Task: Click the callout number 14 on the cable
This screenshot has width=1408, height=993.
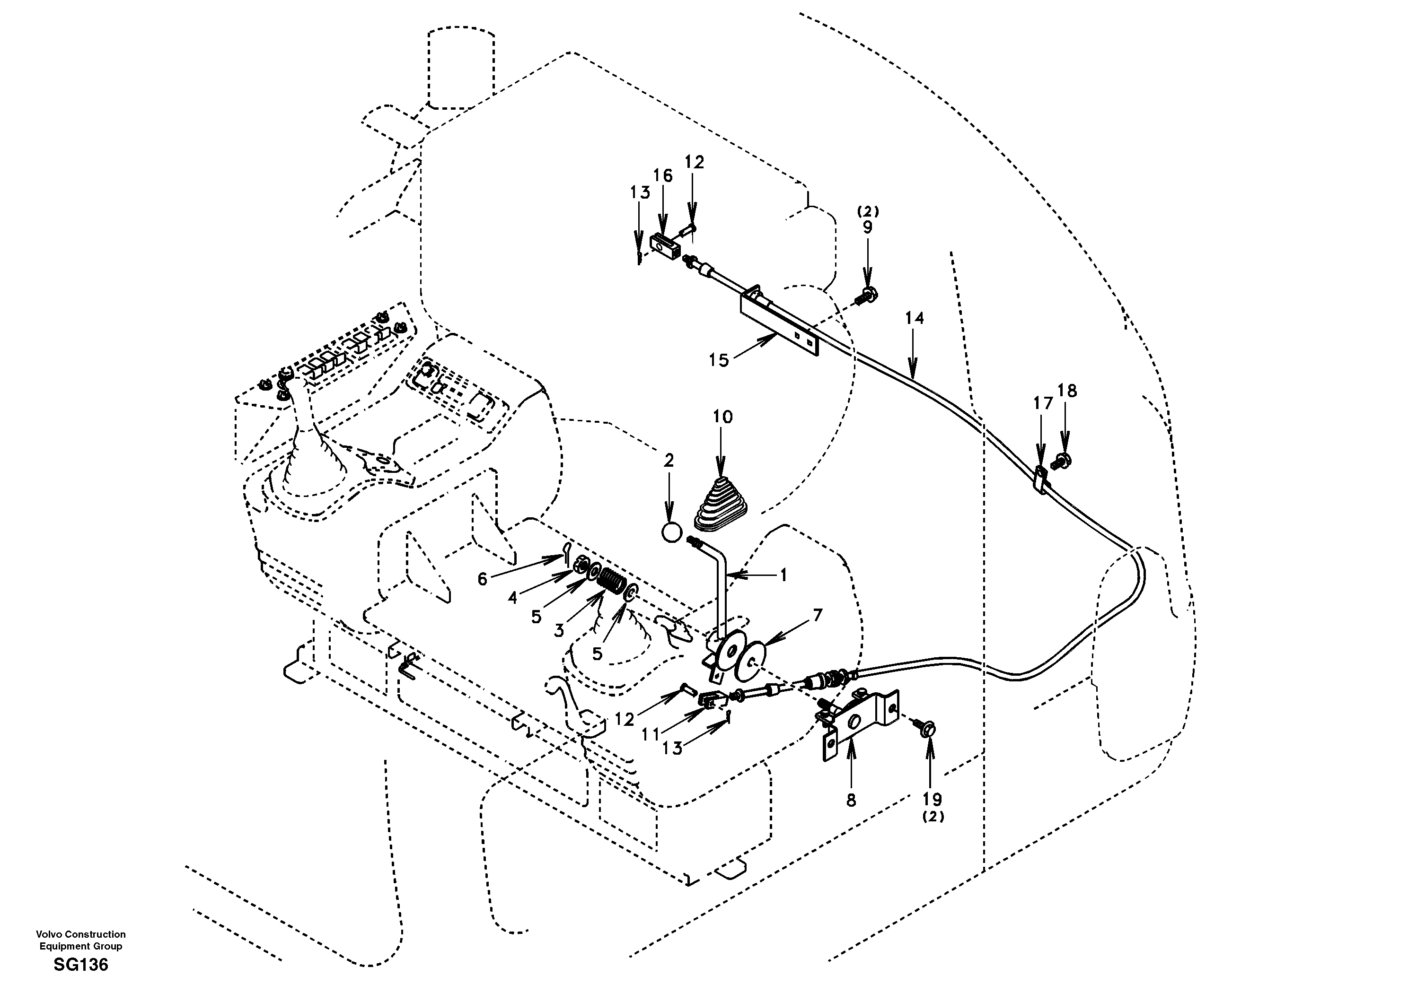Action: click(914, 318)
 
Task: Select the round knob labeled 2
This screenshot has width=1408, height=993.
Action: click(671, 531)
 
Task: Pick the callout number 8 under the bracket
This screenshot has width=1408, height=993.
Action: click(851, 800)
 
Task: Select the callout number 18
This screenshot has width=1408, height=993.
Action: click(1068, 391)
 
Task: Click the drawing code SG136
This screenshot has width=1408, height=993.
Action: click(80, 965)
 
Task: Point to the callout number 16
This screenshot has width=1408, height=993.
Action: click(662, 176)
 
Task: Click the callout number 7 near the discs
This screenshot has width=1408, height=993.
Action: click(818, 615)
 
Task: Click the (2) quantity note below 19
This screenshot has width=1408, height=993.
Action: click(933, 817)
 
